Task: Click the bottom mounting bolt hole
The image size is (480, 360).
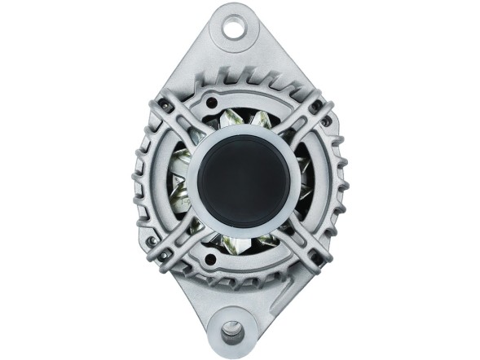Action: tap(233, 331)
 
